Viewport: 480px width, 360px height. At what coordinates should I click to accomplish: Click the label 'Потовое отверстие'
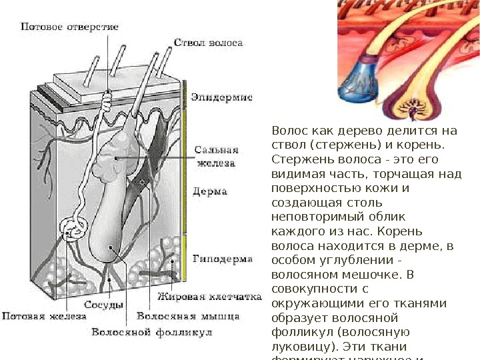(x=70, y=27)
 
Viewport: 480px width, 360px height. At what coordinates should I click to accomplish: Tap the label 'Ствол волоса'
(x=208, y=43)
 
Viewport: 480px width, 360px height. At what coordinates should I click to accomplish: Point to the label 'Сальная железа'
(x=214, y=155)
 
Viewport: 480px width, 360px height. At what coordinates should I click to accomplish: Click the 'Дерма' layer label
(x=209, y=191)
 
